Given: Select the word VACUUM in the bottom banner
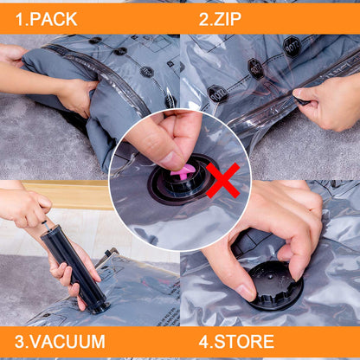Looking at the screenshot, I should (x=67, y=342).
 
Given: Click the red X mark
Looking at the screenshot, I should (x=222, y=179).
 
